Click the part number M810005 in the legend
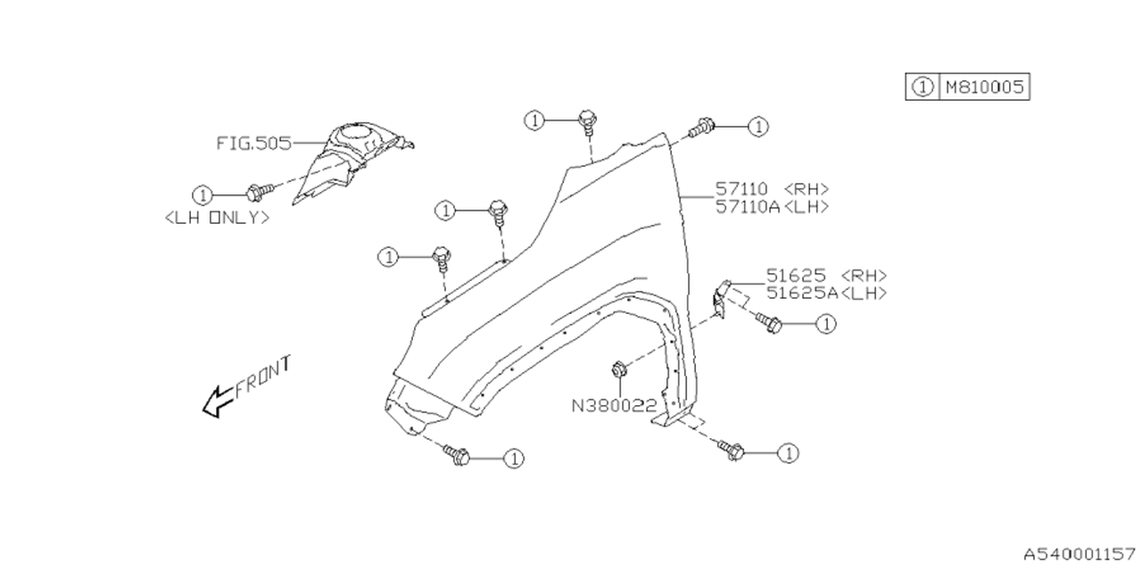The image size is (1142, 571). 984,87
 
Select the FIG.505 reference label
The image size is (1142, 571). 254,143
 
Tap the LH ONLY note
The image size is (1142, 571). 217,217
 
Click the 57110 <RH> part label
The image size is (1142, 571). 772,189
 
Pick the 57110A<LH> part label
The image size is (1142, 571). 772,206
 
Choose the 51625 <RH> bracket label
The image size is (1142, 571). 826,276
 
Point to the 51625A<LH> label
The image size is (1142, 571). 826,293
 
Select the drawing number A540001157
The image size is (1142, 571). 1080,554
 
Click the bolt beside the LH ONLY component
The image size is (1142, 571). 261,191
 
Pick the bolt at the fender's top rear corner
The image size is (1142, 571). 703,128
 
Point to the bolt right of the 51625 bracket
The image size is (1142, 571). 770,323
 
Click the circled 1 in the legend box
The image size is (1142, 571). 922,87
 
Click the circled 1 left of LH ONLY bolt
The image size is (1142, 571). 203,194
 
